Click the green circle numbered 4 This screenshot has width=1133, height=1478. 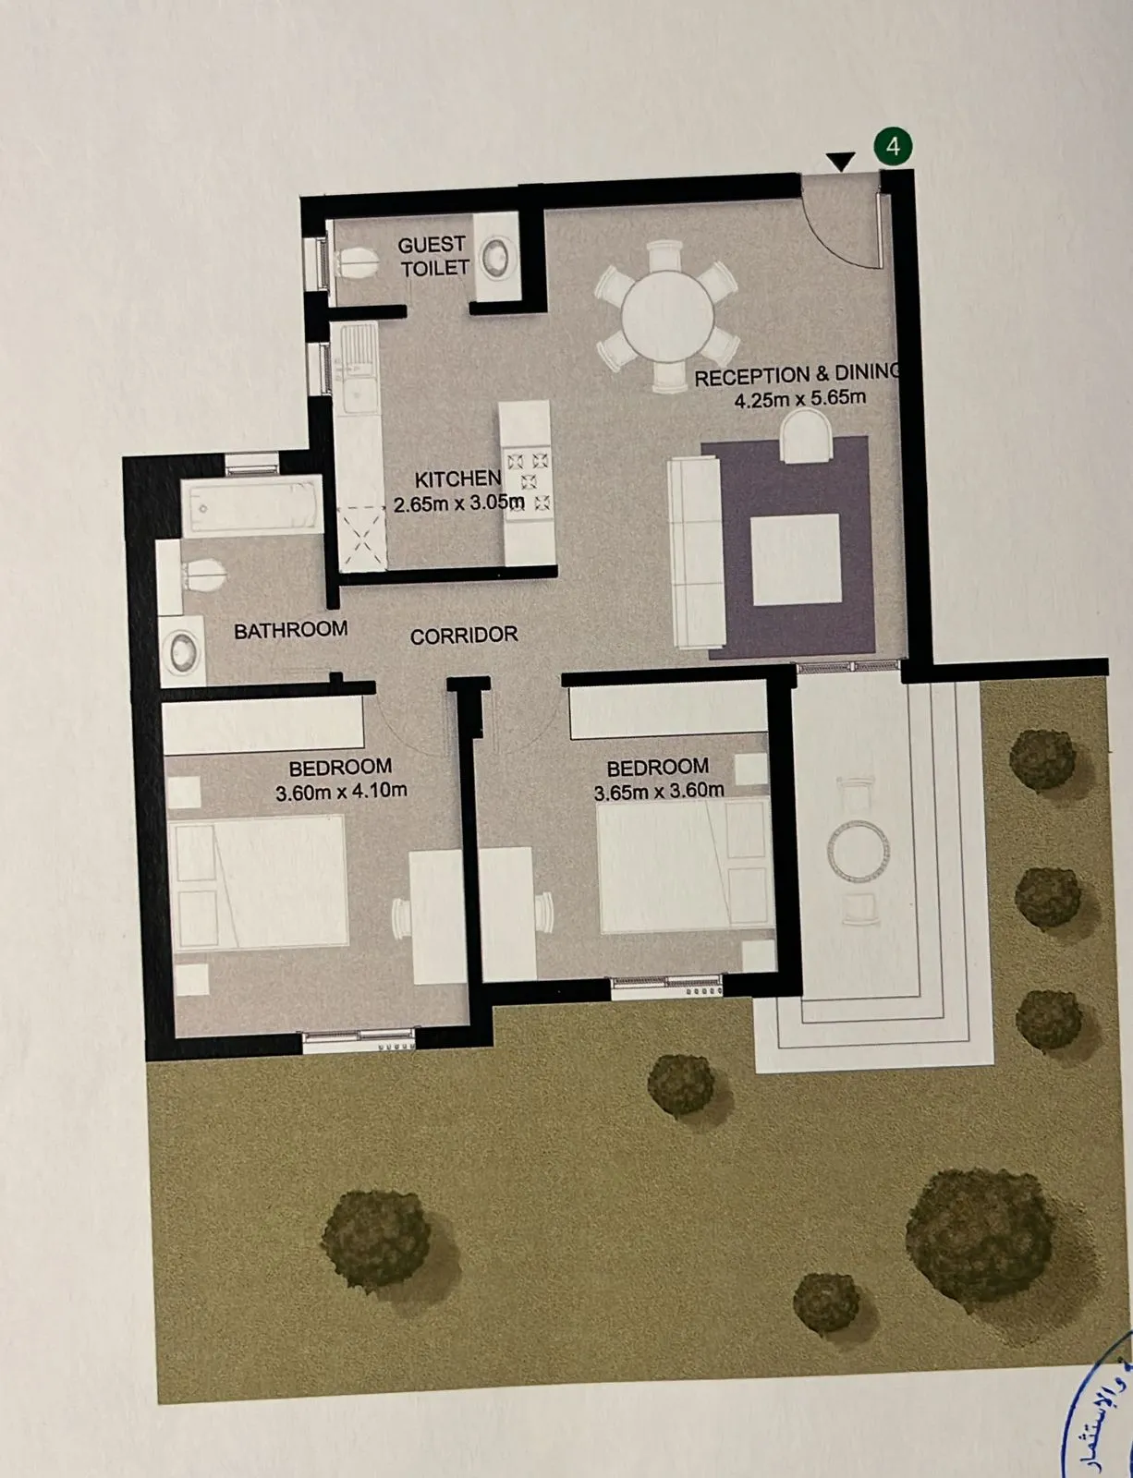tap(893, 146)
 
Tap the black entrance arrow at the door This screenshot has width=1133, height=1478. tap(840, 163)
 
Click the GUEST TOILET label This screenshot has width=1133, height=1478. tap(433, 256)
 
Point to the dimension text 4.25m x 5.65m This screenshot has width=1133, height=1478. tap(799, 399)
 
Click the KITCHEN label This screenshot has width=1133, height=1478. tap(457, 479)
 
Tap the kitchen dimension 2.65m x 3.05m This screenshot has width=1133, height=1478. tap(458, 503)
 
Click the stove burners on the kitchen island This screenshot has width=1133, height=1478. tap(529, 481)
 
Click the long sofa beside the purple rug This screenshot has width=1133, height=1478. tap(695, 552)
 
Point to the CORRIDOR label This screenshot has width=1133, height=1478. tap(464, 636)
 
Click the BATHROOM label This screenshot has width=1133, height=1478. tap(291, 630)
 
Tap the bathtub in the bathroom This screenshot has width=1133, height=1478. tap(251, 506)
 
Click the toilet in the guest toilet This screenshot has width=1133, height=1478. tap(357, 262)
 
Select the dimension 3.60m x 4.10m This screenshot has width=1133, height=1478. tap(341, 792)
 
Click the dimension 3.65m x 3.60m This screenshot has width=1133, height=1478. tap(658, 792)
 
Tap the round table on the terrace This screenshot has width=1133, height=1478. tap(858, 851)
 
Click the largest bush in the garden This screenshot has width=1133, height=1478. tap(980, 1233)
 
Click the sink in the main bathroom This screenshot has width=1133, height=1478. tap(184, 652)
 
